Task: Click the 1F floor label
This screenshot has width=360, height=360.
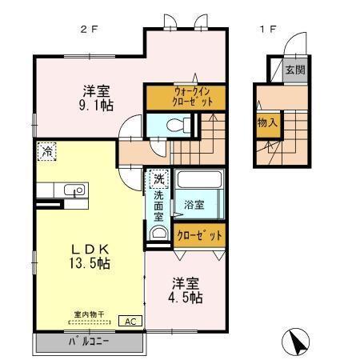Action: (267, 30)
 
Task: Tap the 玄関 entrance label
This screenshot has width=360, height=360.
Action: (294, 70)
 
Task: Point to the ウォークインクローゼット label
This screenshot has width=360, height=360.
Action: (184, 98)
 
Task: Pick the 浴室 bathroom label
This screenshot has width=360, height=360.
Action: (194, 204)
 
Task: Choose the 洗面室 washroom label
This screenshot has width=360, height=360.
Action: (158, 205)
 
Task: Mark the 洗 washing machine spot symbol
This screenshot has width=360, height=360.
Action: (158, 178)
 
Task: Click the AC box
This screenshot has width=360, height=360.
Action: (128, 321)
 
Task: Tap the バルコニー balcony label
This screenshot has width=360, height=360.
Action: (88, 342)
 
